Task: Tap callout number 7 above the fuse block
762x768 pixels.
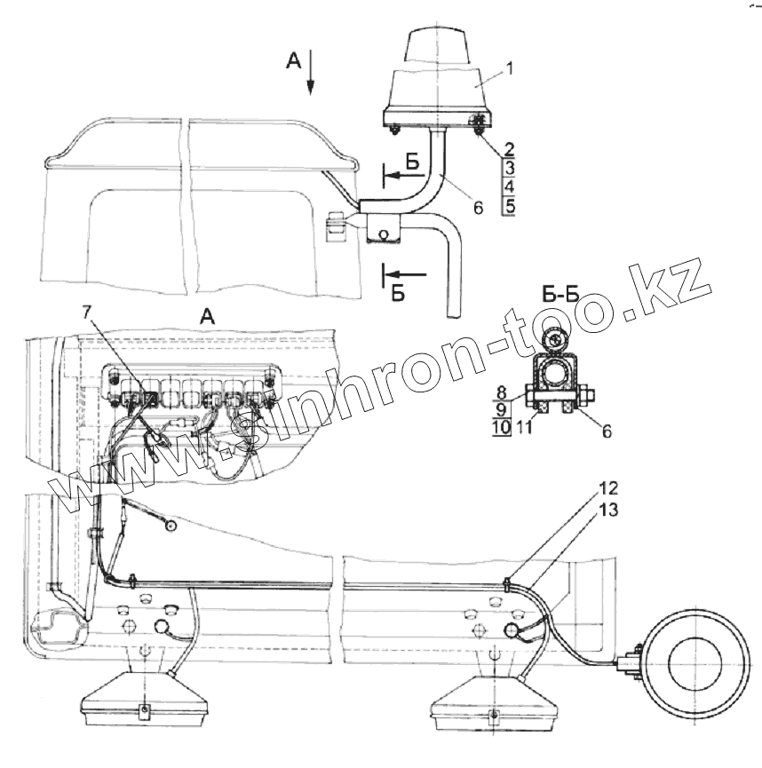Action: [x=87, y=312]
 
